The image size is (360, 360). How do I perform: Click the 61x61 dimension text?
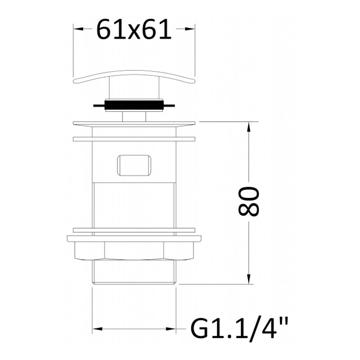(134, 29)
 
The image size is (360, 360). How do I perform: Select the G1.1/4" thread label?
(239, 329)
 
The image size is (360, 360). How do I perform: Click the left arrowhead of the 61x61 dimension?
(78, 29)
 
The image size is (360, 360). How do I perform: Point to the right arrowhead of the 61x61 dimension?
(190, 29)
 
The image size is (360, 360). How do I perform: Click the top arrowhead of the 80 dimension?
(248, 126)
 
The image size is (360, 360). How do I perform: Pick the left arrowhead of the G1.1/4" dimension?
(97, 329)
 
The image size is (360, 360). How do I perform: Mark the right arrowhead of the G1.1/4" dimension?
(171, 329)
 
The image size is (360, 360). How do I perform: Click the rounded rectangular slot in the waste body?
(134, 165)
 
